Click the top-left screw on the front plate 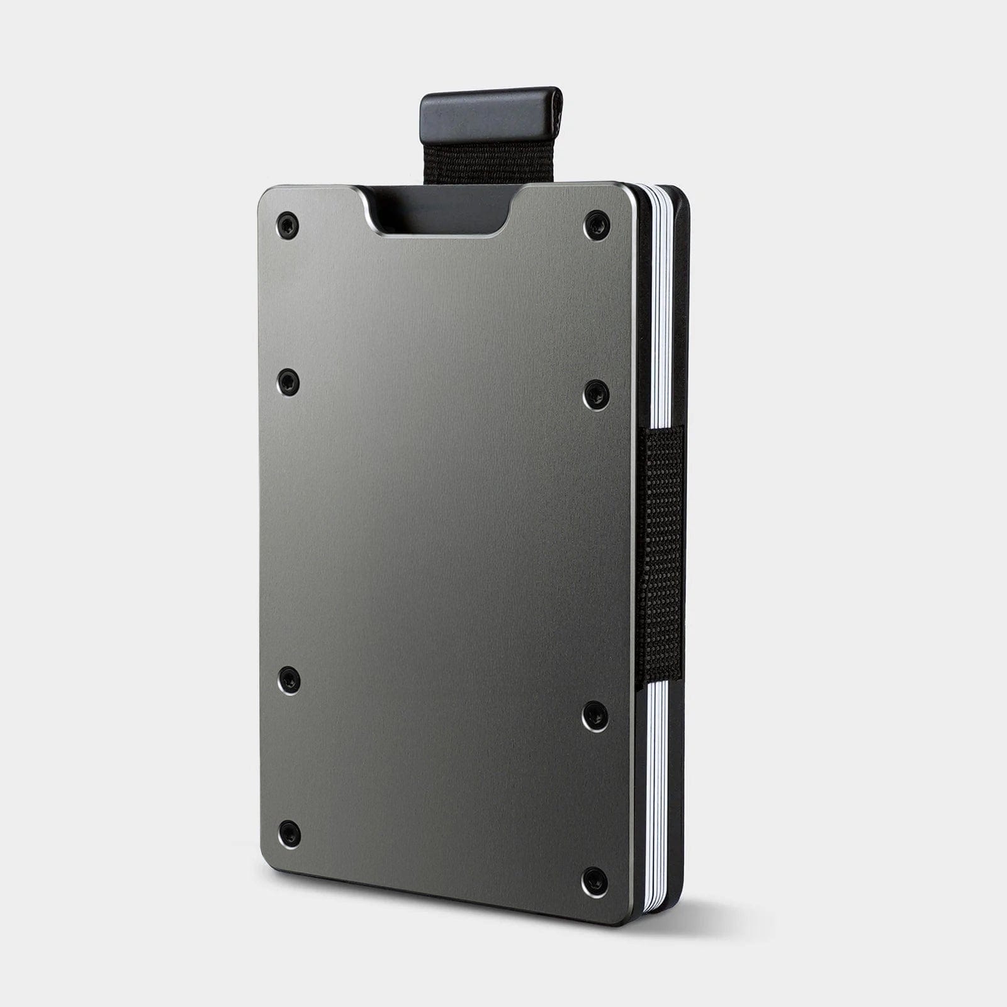(x=288, y=225)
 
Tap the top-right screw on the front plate (x=597, y=225)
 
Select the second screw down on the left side (x=288, y=383)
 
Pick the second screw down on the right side (x=595, y=395)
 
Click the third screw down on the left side (x=289, y=680)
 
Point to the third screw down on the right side (x=595, y=717)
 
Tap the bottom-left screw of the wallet (x=289, y=833)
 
